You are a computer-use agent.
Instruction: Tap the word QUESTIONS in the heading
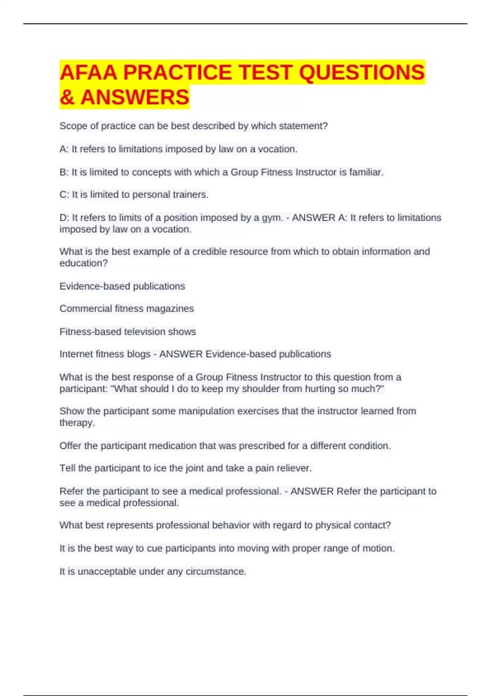tap(362, 72)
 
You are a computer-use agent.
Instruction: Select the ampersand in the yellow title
tap(67, 97)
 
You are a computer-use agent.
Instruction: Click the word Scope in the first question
tap(73, 126)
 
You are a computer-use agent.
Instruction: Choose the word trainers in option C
tap(190, 195)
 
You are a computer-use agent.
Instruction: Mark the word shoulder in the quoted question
tap(261, 389)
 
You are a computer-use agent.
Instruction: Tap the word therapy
tap(77, 423)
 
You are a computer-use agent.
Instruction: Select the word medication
tap(172, 446)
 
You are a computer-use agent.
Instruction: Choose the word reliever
tap(295, 468)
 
